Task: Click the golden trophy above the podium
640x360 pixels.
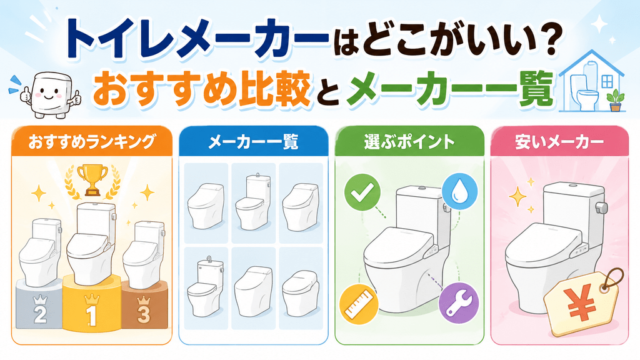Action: tap(92, 179)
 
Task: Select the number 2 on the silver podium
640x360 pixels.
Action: tap(40, 314)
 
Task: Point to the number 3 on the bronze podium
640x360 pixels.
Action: tap(143, 314)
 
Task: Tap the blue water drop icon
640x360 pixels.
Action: tap(460, 191)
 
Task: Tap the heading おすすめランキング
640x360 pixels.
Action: tap(92, 142)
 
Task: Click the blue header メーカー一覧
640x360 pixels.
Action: tap(254, 142)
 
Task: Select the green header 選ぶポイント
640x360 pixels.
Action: tap(409, 142)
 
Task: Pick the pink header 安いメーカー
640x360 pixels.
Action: tap(559, 142)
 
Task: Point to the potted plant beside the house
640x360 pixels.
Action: tap(614, 101)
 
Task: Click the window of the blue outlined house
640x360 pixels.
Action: tap(607, 82)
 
